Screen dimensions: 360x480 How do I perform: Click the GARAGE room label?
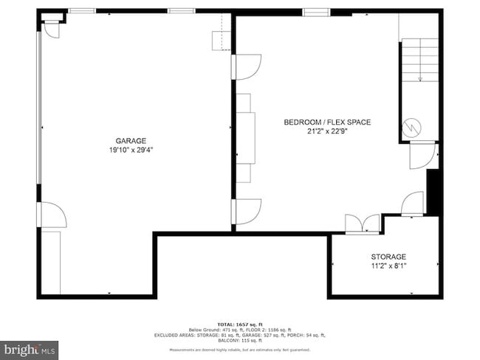pos(130,141)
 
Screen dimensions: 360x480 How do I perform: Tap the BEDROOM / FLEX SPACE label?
pos(327,122)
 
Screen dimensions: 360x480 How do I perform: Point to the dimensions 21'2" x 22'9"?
pos(327,132)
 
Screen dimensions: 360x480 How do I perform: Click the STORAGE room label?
pos(388,257)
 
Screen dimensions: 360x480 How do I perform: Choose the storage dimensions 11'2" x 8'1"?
pos(388,266)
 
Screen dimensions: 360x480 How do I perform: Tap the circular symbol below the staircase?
pos(411,128)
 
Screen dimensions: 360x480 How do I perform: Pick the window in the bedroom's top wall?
pos(315,11)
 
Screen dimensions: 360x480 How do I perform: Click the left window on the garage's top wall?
pos(81,11)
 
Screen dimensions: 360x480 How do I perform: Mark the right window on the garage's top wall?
pos(180,11)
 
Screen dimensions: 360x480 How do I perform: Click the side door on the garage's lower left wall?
pos(52,215)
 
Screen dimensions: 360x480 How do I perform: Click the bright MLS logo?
pos(30,347)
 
